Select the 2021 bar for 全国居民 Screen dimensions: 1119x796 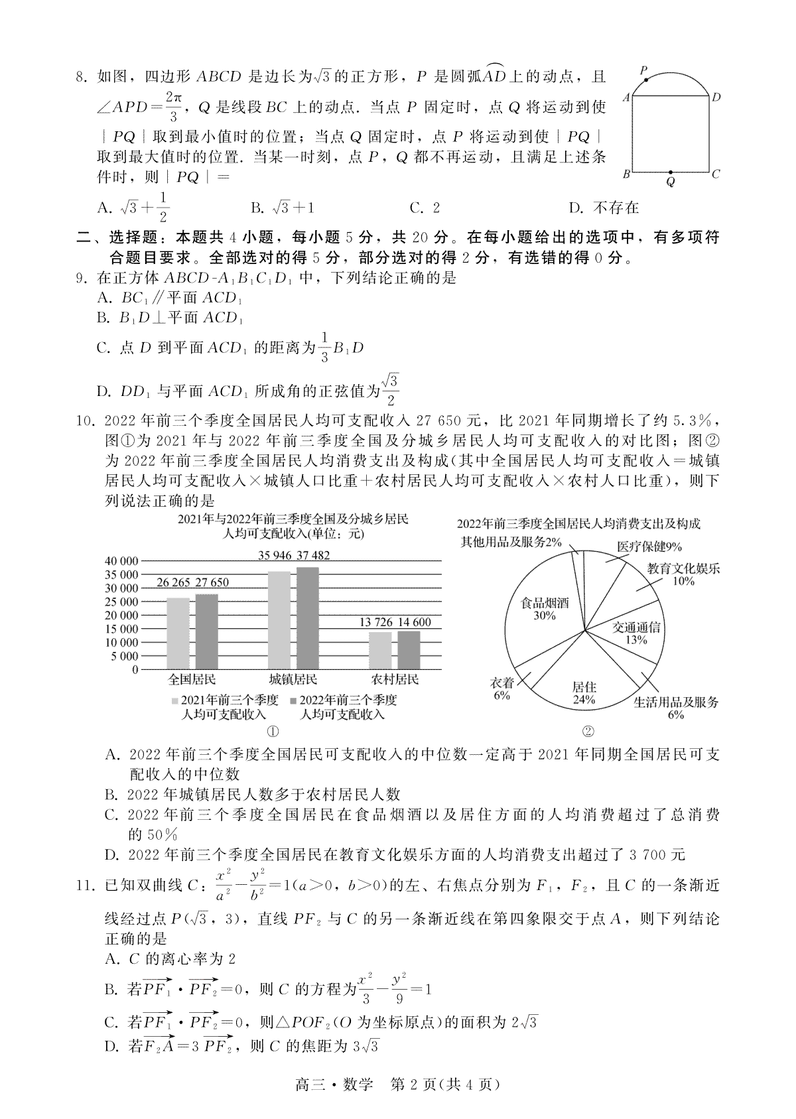coord(177,633)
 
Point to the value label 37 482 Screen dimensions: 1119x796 coord(313,556)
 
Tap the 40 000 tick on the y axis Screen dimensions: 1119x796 coord(121,561)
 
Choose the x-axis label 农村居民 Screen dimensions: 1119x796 coord(395,679)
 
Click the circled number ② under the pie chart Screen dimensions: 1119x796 coord(588,732)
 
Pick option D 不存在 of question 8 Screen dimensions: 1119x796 coord(603,208)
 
